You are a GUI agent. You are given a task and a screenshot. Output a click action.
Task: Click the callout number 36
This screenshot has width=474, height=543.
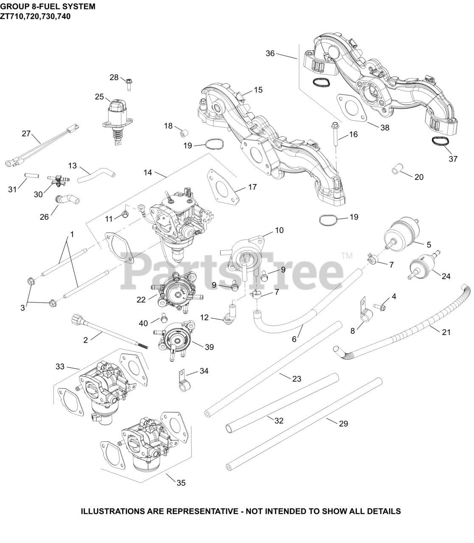(271, 53)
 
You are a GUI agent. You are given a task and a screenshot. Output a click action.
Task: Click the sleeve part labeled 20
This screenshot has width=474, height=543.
(395, 171)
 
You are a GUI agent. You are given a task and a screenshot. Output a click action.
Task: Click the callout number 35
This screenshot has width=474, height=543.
(181, 483)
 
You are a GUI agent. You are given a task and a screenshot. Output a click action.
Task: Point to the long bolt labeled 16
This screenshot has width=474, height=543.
(335, 137)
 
